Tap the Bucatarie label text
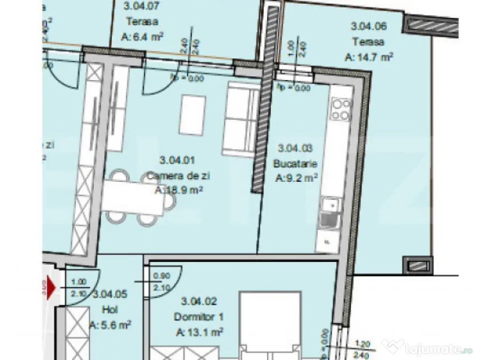point(296,164)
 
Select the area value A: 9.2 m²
point(297,178)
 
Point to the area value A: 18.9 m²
point(179,190)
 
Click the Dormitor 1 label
point(198,317)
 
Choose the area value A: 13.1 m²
point(199,332)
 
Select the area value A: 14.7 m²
point(368,57)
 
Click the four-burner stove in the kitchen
point(341,109)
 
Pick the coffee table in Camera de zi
point(192,114)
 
